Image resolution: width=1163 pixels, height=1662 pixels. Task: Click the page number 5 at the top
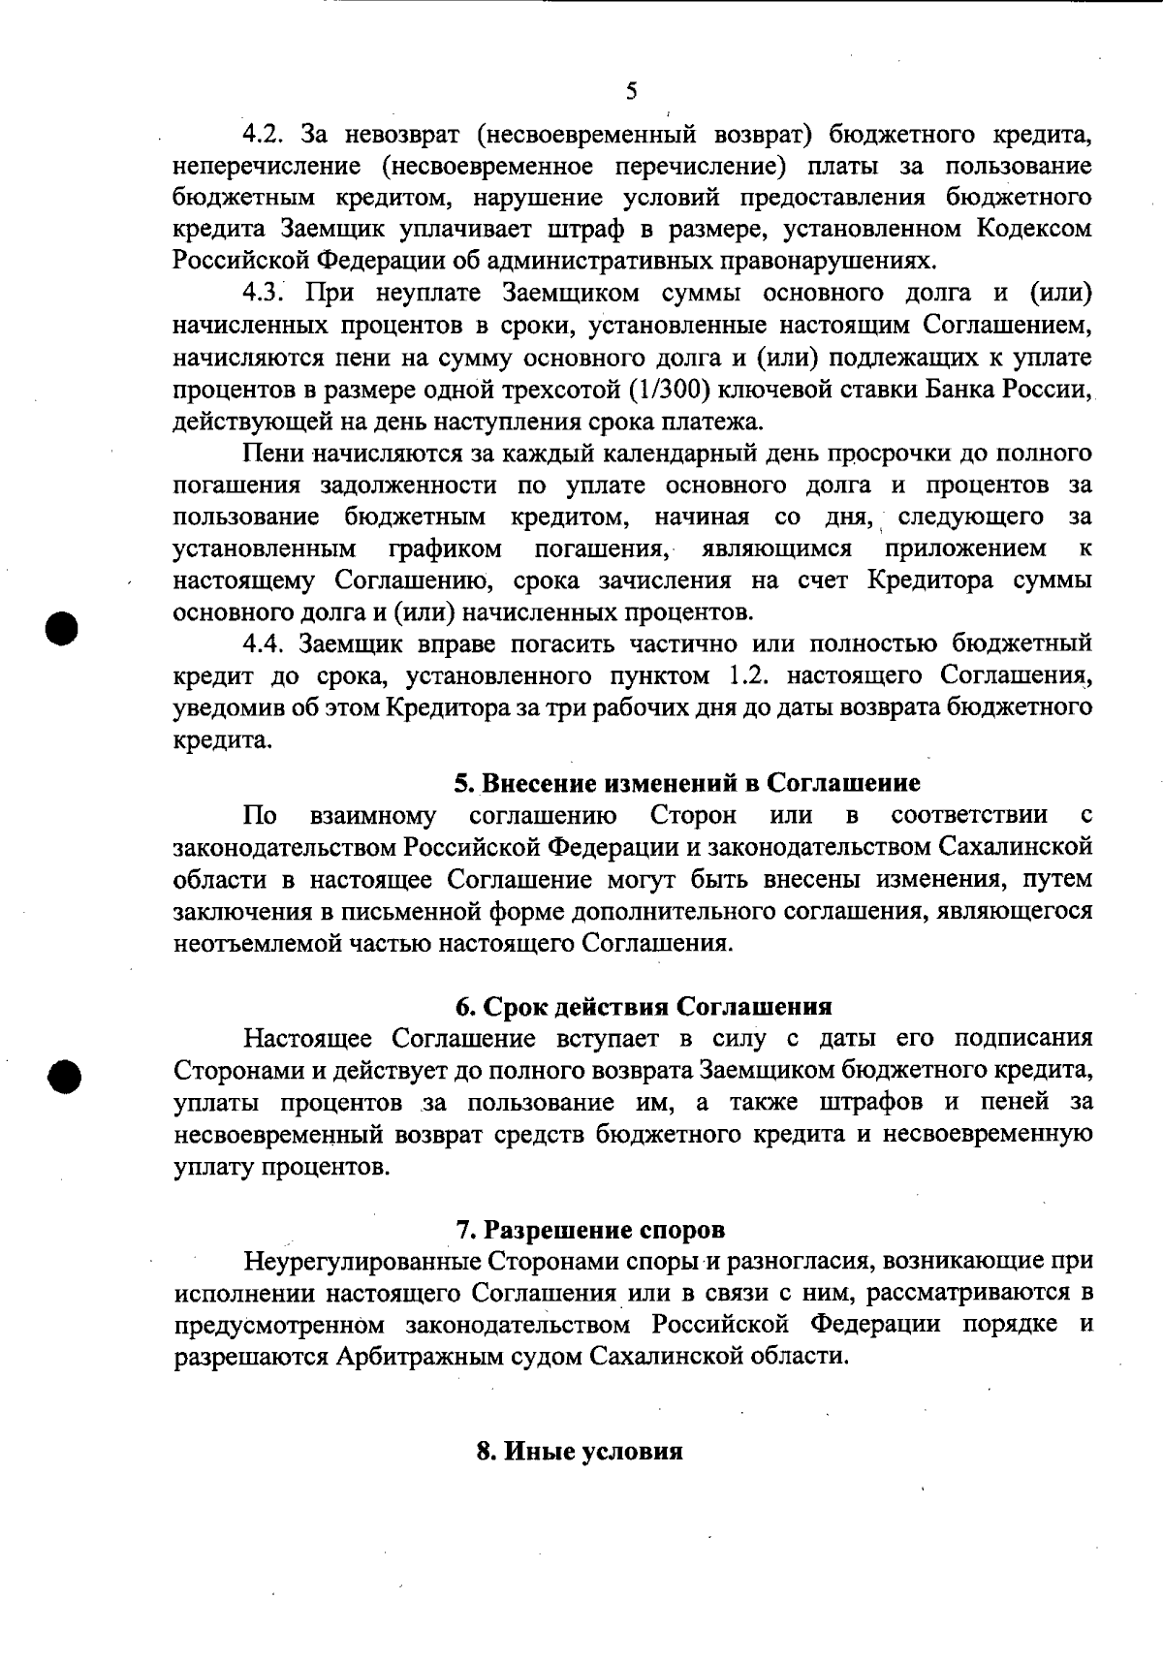pyautogui.click(x=631, y=92)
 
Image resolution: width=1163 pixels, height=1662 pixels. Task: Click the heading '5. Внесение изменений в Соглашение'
pyautogui.click(x=687, y=782)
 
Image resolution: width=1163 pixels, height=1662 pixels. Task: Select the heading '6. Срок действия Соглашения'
pyautogui.click(x=644, y=1006)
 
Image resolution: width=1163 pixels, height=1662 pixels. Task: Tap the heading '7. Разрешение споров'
pyautogui.click(x=590, y=1230)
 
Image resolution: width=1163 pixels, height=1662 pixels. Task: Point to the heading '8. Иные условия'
pyautogui.click(x=580, y=1452)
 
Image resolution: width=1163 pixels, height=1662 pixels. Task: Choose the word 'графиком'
pyautogui.click(x=445, y=549)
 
